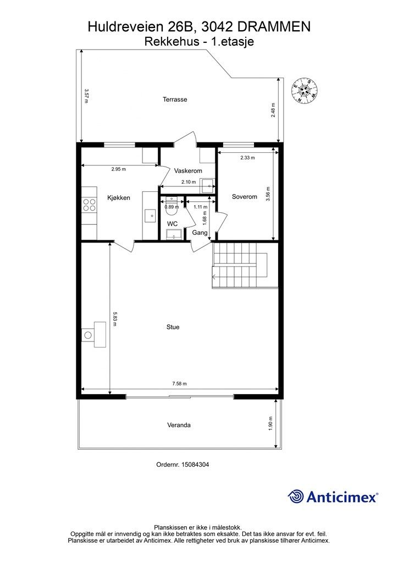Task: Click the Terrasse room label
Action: (175, 100)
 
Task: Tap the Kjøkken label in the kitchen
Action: (118, 198)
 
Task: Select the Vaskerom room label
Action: (188, 171)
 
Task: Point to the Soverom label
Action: (245, 197)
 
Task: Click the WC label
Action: (172, 224)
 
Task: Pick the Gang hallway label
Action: (200, 233)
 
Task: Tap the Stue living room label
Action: (173, 327)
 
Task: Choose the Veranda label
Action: (179, 425)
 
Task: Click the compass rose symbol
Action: (305, 90)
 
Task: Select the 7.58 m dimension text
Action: (179, 383)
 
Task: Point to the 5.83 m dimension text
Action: (115, 319)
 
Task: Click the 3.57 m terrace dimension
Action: (86, 96)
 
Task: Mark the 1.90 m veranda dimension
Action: (270, 423)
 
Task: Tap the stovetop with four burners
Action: (90, 205)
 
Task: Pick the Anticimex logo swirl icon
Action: (296, 496)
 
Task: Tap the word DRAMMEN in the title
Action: (274, 27)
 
